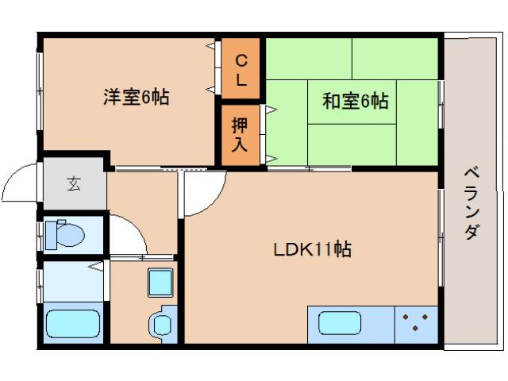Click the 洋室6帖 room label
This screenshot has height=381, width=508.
point(136,98)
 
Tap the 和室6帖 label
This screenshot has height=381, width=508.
point(355,102)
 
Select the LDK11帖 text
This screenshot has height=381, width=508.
point(313,249)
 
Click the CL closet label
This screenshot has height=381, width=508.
point(241,70)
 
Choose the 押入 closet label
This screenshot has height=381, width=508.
point(240,135)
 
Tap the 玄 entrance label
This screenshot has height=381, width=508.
point(73,184)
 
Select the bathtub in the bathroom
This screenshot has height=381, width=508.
point(72,324)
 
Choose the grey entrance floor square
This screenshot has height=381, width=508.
point(73,184)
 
